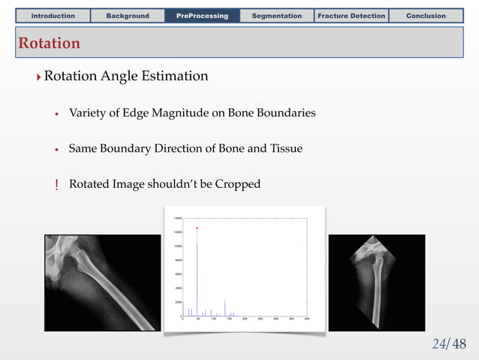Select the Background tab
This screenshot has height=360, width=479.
click(x=128, y=16)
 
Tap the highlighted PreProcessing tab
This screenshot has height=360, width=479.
click(x=202, y=16)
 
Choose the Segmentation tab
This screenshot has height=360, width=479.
click(x=276, y=16)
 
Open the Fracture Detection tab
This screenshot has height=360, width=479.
click(x=351, y=16)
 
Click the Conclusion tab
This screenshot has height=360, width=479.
click(x=426, y=16)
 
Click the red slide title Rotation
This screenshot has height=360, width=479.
click(x=50, y=44)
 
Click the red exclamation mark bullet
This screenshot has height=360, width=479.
click(x=56, y=184)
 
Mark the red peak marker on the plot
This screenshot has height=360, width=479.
click(x=197, y=228)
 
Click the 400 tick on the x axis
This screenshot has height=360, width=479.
click(x=307, y=319)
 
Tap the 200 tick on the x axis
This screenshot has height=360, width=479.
click(x=245, y=319)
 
